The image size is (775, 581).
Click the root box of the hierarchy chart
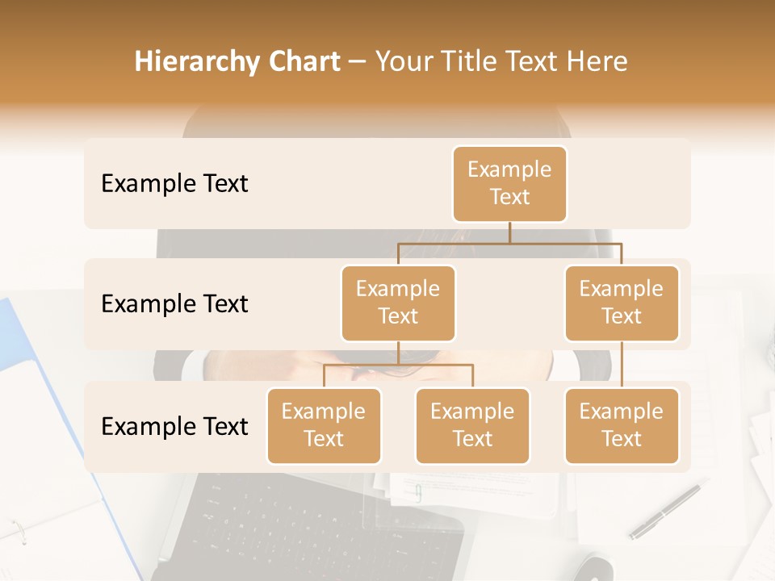tap(509, 183)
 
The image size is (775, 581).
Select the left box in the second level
tap(398, 303)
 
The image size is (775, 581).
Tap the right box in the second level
tap(622, 303)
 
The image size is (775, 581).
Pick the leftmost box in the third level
tap(324, 425)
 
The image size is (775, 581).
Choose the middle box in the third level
tap(472, 425)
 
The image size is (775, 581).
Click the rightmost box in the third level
tap(622, 425)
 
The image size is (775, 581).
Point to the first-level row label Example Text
tap(174, 184)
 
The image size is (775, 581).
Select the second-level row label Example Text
tap(174, 304)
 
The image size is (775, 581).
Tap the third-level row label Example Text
tap(174, 426)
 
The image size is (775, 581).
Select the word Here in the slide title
tap(598, 61)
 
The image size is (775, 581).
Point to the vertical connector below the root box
tap(509, 232)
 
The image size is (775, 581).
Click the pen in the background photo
tap(667, 511)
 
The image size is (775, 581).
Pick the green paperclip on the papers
tap(418, 493)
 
